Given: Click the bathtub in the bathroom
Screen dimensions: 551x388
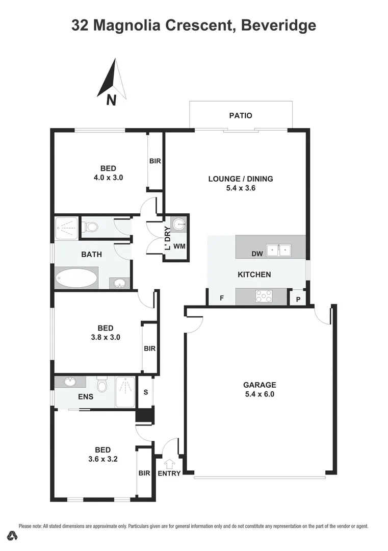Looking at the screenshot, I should pos(76,279).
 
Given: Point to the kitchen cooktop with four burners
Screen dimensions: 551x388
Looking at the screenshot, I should pos(264,296).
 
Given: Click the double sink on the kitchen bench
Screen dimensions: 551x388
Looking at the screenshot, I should pos(279,250).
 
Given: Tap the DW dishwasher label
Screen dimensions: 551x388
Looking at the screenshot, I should pos(257,254).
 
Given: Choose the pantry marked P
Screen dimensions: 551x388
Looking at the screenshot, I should pos(298,298).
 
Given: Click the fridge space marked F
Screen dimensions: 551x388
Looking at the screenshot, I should pos(222,297).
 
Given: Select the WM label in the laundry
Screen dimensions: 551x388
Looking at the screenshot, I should pos(179,246).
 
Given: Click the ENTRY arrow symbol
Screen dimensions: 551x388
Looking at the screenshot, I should pos(169,464).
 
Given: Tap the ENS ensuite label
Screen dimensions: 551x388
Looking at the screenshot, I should pos(86,396).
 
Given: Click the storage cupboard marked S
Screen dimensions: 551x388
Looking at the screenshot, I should pos(146,392).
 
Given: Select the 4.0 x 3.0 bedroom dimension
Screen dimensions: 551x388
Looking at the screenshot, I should pos(108,178).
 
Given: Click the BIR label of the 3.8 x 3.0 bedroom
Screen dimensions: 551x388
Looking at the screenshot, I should pos(149,349).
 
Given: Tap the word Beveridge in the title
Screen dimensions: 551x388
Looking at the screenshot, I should pos(277,25).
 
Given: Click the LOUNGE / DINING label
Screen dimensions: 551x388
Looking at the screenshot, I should pos(241,179).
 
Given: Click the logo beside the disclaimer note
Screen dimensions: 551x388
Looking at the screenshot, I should pos(12,535).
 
